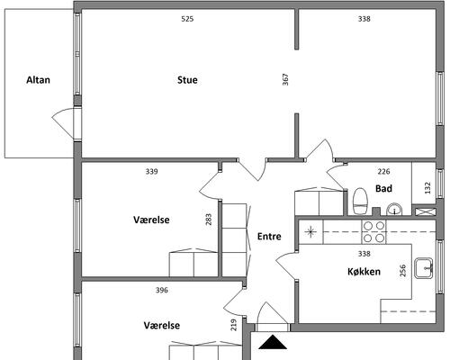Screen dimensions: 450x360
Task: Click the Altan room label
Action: [38, 80]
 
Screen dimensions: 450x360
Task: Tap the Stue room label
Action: [187, 80]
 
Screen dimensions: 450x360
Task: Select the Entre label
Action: [269, 237]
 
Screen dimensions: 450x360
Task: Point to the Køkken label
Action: [364, 272]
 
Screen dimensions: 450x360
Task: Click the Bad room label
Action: [383, 188]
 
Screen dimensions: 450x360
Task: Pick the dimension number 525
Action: [187, 19]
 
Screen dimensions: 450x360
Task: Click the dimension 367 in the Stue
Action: [285, 80]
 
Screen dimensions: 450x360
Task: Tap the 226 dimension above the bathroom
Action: [383, 172]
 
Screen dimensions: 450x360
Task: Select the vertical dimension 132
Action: [427, 188]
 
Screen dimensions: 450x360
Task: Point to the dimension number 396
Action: [162, 290]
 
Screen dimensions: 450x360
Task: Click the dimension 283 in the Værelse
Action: [209, 220]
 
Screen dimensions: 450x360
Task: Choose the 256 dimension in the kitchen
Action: [403, 270]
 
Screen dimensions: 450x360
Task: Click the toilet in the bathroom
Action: [360, 202]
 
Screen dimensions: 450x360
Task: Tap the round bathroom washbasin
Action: [394, 210]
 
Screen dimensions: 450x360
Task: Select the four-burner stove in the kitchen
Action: [374, 232]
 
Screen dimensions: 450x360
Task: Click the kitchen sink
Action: [424, 268]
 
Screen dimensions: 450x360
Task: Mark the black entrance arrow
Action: [273, 342]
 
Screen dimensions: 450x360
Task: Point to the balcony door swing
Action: [63, 123]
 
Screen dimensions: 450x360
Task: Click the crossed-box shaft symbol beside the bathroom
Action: [426, 211]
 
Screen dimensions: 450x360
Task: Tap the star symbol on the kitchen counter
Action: [310, 232]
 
